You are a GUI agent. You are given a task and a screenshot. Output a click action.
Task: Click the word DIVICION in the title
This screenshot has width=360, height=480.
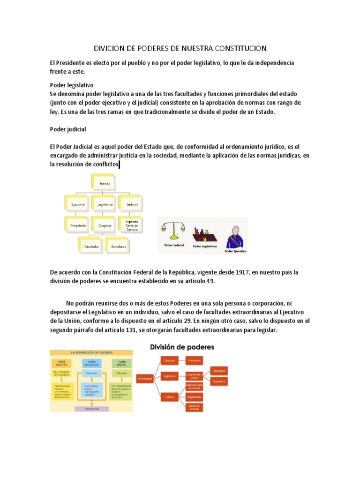coord(112,48)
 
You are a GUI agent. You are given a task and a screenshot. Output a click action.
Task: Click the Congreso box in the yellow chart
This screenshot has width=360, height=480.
coord(105,225)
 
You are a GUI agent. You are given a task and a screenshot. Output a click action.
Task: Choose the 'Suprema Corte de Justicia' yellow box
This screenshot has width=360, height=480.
coord(131,225)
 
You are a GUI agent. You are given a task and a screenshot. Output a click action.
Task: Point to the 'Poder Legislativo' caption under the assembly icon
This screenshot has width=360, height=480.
coord(204,246)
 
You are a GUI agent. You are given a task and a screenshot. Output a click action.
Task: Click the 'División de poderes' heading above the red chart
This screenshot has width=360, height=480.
coord(182,347)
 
